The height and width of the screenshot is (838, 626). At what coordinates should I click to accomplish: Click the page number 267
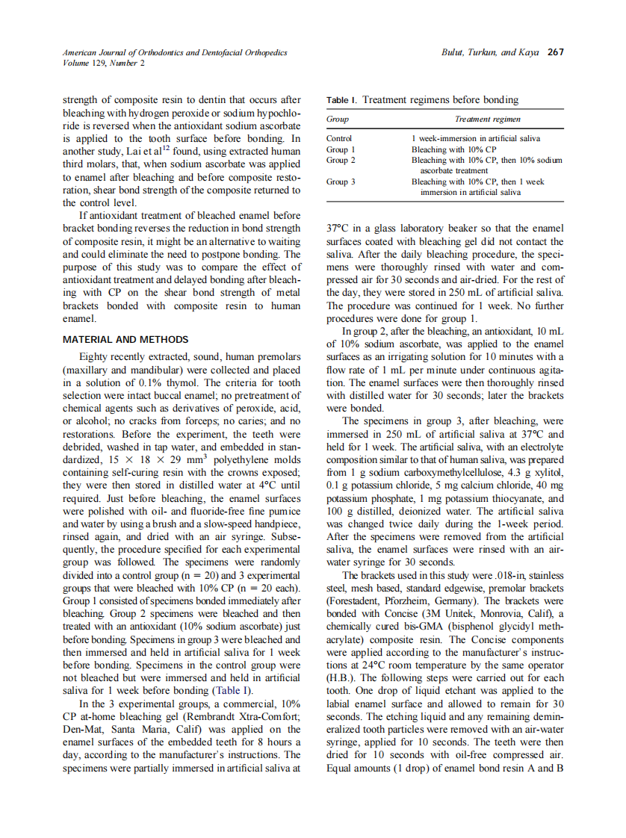tap(555, 52)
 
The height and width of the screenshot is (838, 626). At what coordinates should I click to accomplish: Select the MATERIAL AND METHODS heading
tap(125, 340)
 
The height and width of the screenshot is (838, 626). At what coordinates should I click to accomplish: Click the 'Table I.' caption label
tap(342, 100)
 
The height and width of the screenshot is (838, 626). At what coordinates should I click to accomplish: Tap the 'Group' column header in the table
tap(338, 120)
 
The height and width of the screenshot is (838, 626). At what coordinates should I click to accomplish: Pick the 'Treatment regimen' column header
tap(488, 120)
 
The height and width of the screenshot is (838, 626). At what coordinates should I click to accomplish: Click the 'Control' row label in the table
tap(339, 138)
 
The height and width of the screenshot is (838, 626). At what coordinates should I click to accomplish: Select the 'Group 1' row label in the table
tap(341, 149)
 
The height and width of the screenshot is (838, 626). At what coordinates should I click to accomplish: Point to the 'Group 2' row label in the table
tap(341, 160)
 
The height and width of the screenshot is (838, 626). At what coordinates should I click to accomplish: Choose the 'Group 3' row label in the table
tap(341, 181)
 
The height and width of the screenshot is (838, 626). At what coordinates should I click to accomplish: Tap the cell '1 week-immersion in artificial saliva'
tap(476, 138)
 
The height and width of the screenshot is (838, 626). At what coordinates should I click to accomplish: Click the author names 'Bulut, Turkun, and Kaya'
tap(491, 52)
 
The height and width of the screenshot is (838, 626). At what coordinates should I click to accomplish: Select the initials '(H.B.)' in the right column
tap(341, 680)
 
